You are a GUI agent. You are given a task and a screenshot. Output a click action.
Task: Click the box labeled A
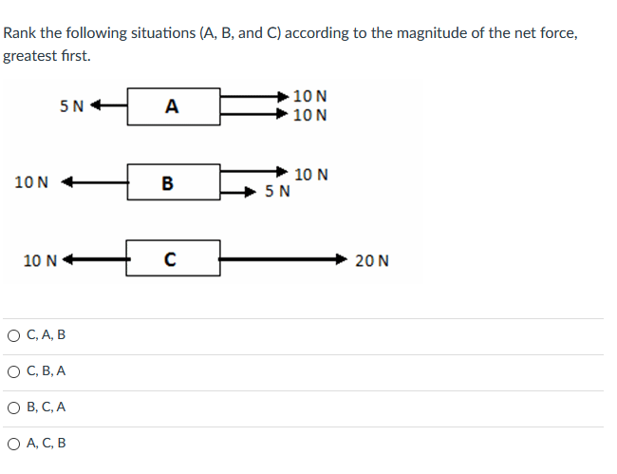pos(173,105)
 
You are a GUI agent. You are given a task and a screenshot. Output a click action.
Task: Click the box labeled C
pos(173,258)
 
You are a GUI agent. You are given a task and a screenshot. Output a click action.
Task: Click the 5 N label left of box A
pos(71,105)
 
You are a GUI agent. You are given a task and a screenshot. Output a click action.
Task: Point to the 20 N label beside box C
pos(372,260)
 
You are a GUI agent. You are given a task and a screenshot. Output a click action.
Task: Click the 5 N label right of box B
pos(278,193)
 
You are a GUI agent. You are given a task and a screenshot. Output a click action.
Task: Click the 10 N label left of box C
pos(40,259)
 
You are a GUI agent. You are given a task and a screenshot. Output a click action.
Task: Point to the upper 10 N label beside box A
pos(311,96)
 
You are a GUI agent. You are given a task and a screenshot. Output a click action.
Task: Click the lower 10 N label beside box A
pos(311,116)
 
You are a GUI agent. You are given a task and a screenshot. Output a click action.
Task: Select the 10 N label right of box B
pos(311,174)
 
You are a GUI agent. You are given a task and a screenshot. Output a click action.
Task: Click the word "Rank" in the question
pos(20,33)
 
